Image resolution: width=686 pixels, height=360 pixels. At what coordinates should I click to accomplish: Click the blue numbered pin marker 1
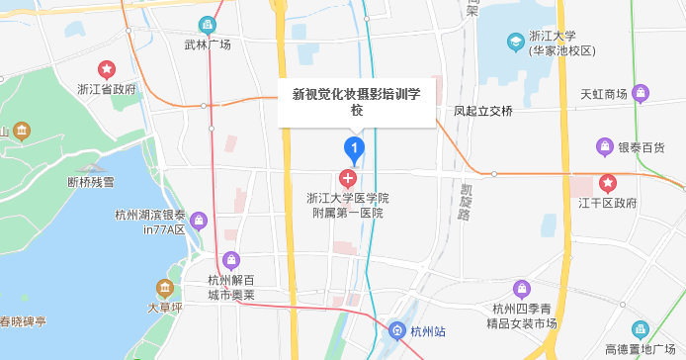[354, 149]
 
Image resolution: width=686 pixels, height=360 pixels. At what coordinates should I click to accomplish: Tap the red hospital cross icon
[348, 179]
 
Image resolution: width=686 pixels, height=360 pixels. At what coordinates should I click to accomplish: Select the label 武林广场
[208, 45]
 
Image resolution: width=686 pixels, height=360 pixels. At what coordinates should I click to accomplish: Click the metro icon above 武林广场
[208, 25]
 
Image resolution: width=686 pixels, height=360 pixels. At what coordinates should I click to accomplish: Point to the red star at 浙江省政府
[107, 69]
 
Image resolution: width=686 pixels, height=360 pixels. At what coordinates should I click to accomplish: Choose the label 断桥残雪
[91, 182]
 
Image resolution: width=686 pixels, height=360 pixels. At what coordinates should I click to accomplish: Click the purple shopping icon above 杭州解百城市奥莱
[230, 261]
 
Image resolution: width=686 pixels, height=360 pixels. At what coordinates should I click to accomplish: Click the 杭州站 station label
[428, 330]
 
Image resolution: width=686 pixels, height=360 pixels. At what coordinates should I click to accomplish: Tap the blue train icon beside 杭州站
[397, 330]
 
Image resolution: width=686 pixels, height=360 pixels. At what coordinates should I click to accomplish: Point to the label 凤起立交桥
[483, 111]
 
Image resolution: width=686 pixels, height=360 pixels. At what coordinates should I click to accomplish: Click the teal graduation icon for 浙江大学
[515, 42]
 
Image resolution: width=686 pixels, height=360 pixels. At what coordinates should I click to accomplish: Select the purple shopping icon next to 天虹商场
[642, 94]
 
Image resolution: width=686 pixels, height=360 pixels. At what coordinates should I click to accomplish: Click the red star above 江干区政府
[609, 184]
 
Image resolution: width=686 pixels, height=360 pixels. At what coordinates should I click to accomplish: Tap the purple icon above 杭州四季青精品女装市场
[522, 289]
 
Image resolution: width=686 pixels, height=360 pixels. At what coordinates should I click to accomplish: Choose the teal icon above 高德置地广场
[641, 328]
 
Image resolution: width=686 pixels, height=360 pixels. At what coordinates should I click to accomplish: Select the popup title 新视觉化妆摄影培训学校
[357, 102]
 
